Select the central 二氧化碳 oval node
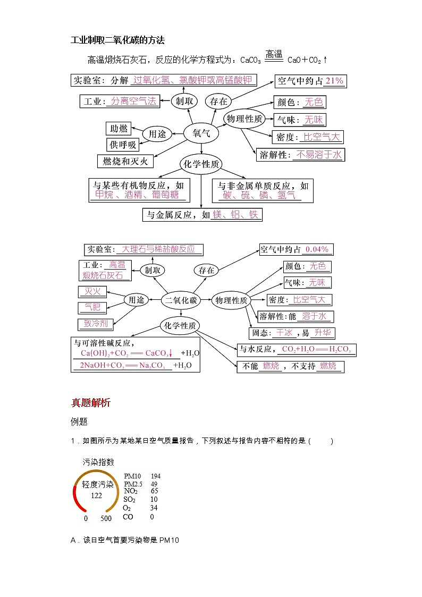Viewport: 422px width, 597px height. pos(181,300)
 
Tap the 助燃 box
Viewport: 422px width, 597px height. pos(119,129)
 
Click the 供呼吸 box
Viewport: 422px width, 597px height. pos(123,145)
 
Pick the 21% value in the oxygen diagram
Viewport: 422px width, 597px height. pos(334,81)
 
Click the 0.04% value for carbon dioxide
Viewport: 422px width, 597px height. pos(318,249)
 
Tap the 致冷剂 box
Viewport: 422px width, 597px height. pos(96,323)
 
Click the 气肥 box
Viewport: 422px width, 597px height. pos(92,307)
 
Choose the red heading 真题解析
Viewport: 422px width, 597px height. pos(91,403)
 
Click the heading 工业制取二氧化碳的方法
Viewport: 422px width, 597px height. pos(118,40)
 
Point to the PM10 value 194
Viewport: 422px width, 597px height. pos(156,476)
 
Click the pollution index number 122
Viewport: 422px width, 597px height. pos(96,495)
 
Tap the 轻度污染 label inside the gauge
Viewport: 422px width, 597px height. pos(98,484)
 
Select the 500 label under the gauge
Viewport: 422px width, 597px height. pos(106,518)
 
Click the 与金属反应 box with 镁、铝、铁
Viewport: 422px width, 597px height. pos(202,215)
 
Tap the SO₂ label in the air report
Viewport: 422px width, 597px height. pos(130,500)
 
